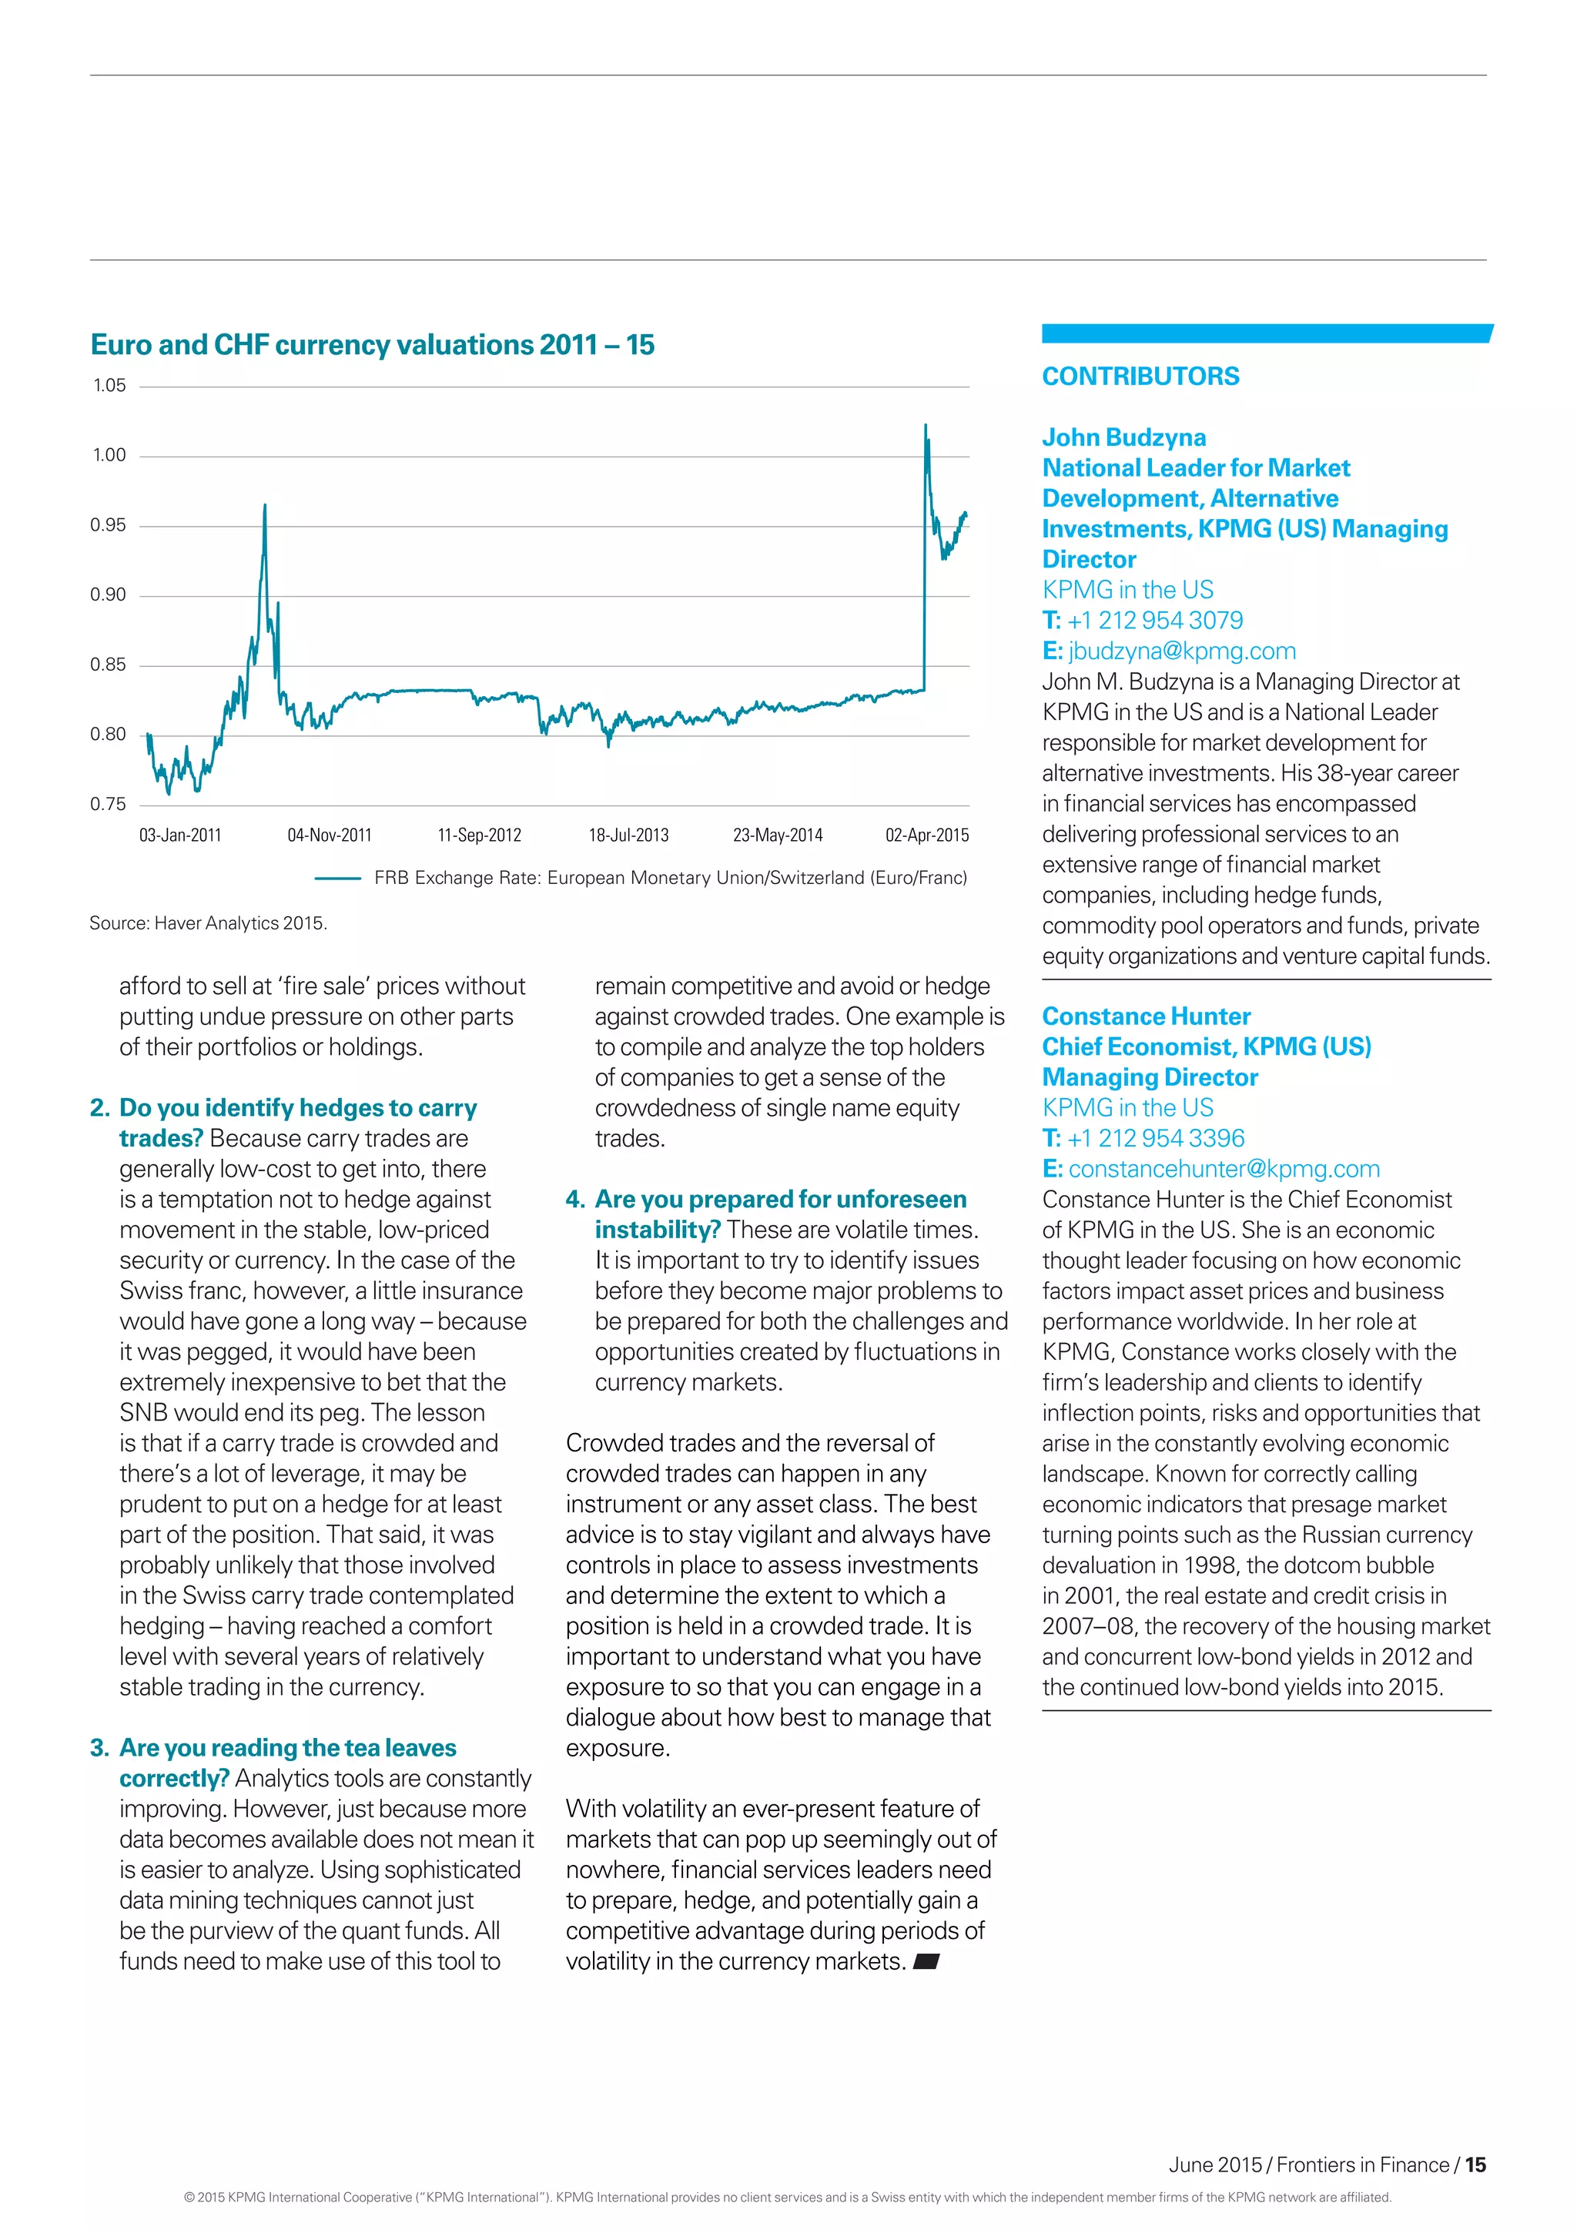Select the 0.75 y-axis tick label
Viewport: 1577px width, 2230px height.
click(x=109, y=804)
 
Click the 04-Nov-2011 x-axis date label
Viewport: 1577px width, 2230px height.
click(x=330, y=835)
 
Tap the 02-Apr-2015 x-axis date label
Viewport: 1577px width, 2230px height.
click(x=926, y=835)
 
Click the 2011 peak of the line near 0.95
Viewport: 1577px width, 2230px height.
click(x=265, y=506)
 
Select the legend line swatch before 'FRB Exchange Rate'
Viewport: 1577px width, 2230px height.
click(x=338, y=878)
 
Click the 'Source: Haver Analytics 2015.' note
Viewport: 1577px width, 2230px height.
click(x=208, y=922)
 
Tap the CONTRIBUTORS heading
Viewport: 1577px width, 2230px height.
click(x=1140, y=377)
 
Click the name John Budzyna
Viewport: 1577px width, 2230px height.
click(x=1123, y=437)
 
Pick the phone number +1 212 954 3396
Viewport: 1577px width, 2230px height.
click(x=1156, y=1138)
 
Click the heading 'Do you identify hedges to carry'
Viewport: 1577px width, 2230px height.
click(x=298, y=1108)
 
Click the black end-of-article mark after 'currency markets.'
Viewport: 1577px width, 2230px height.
click(x=926, y=1961)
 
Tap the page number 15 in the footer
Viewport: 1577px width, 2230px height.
click(x=1475, y=2165)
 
